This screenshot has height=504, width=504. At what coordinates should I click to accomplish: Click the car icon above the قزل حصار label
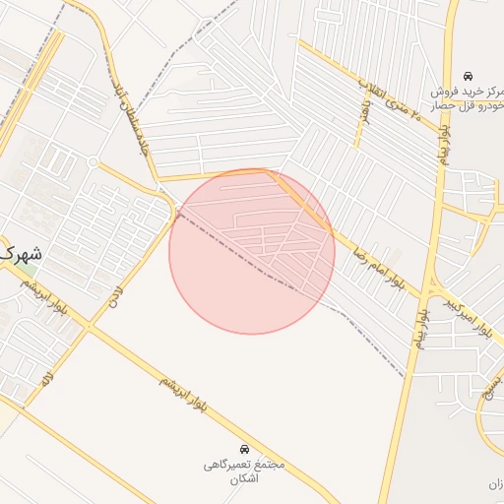[x=469, y=75]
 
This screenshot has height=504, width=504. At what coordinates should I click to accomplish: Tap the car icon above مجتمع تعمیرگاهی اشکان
[x=245, y=449]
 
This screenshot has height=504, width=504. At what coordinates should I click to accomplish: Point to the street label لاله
[x=43, y=376]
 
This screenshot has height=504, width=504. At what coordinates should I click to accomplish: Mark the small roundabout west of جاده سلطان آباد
[x=93, y=161]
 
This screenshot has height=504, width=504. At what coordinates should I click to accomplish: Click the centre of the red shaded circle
[x=252, y=251]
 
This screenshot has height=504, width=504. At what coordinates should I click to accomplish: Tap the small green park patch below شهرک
[x=29, y=270]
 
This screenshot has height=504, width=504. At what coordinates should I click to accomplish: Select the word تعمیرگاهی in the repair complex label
[x=229, y=464]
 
